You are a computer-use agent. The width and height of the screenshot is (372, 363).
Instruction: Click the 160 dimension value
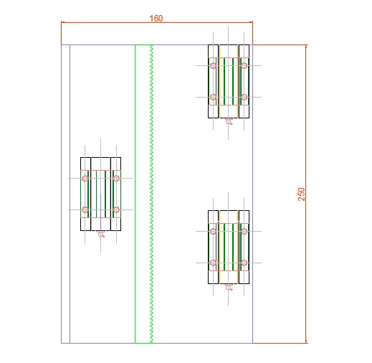pyautogui.click(x=156, y=19)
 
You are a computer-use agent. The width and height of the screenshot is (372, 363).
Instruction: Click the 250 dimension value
pyautogui.click(x=302, y=194)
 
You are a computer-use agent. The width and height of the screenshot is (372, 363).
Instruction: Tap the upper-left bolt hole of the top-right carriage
pyautogui.click(x=213, y=65)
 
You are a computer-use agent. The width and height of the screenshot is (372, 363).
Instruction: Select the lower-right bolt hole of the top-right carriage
pyautogui.click(x=244, y=97)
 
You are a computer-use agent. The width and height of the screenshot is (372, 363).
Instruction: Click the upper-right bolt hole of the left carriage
pyautogui.click(x=116, y=178)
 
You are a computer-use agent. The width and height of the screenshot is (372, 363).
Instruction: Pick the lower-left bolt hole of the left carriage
pyautogui.click(x=85, y=209)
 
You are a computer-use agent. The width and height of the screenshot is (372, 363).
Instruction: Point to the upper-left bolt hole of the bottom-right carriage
pyautogui.click(x=213, y=231)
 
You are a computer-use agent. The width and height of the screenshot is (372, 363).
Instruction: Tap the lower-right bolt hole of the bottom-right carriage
pyautogui.click(x=244, y=263)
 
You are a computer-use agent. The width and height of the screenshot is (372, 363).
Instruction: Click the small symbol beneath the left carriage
pyautogui.click(x=101, y=234)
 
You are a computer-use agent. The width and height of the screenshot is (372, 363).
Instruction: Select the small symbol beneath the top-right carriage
pyautogui.click(x=229, y=121)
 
